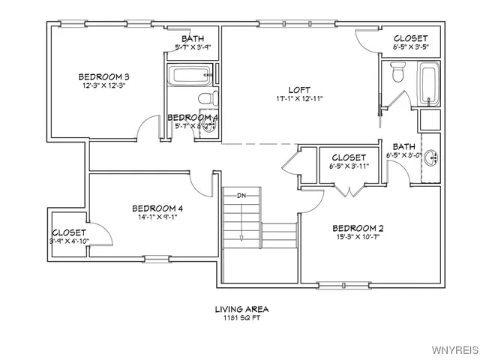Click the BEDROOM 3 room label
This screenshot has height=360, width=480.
105,76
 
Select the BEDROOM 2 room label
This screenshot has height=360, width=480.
358,228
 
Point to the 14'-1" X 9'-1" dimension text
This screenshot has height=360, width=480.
157,217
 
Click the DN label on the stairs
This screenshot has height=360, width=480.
241,196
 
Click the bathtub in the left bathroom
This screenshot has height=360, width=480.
192,75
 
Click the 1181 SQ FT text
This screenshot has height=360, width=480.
241,318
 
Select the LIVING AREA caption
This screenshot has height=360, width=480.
241,308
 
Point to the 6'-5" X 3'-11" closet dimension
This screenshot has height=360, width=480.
349,166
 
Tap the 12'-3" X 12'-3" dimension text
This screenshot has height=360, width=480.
105,85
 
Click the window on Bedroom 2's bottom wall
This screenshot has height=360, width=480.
335,284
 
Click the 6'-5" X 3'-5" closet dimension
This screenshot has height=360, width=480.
410,47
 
